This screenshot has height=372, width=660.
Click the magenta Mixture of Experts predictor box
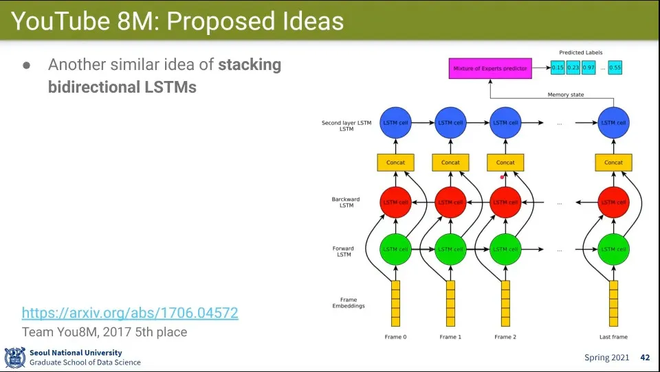(490, 68)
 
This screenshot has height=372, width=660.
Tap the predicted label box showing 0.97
(589, 68)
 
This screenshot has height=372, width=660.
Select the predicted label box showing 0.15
(558, 68)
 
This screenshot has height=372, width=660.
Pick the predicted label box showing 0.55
(615, 68)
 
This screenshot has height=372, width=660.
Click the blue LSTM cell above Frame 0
(395, 123)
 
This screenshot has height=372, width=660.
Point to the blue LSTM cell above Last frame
(613, 123)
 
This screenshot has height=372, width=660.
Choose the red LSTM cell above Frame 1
(450, 202)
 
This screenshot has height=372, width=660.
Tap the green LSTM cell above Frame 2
(505, 249)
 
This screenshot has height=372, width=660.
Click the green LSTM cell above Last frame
(613, 249)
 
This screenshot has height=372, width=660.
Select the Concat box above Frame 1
(450, 163)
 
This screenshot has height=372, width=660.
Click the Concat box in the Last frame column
(613, 163)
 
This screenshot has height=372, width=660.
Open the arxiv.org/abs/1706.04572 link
(130, 313)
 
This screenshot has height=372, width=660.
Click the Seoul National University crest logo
(14, 358)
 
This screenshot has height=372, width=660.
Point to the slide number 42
(645, 358)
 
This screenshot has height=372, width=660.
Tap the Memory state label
(565, 95)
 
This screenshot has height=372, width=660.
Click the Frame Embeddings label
(349, 303)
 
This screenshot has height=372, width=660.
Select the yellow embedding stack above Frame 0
(395, 303)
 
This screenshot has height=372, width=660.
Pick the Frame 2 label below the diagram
(505, 337)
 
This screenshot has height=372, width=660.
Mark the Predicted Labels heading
(581, 53)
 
